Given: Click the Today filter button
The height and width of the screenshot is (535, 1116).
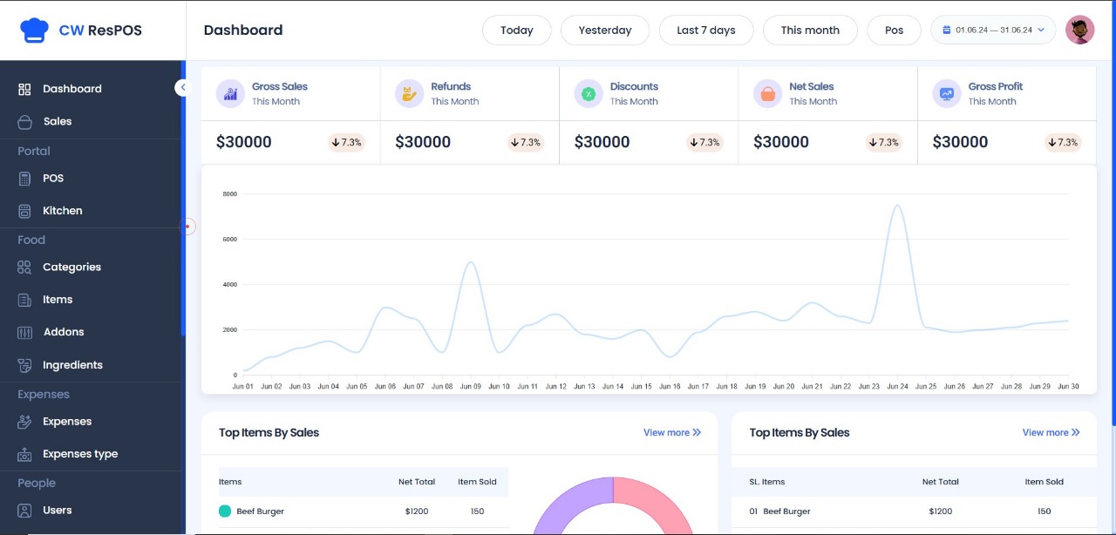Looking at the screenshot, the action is [517, 30].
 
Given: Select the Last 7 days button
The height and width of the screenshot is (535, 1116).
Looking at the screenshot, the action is [706, 30].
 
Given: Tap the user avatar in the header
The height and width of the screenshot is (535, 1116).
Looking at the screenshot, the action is [1079, 30].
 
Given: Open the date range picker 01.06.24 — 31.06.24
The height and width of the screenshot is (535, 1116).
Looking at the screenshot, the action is [993, 30].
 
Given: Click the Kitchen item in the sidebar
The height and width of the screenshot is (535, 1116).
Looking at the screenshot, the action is [62, 211].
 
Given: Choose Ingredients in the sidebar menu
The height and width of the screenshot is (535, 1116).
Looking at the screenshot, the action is [72, 365].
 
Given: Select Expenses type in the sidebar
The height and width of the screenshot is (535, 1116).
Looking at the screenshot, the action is [80, 454].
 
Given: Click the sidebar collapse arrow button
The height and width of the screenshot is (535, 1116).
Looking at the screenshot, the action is [182, 88].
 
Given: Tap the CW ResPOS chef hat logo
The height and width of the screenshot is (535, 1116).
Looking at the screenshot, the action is [34, 30].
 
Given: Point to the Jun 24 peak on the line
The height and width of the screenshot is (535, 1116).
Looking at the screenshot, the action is [897, 206].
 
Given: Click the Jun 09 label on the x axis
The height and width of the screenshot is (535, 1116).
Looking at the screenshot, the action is [470, 387].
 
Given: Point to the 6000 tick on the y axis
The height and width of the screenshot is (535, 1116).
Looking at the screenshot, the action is [229, 239].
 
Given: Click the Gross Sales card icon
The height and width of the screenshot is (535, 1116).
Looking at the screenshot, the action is [230, 93].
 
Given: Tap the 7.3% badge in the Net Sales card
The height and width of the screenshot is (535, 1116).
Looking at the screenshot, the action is [883, 143].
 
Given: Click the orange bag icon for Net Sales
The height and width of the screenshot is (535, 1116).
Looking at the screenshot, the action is [768, 93].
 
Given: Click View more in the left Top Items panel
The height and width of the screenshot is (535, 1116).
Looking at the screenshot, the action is [672, 432].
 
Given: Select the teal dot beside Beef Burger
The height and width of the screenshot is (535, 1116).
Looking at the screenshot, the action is [225, 511].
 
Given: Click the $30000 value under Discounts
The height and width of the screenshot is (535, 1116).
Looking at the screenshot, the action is [602, 142].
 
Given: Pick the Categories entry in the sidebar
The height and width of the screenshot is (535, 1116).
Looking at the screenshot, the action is [71, 267].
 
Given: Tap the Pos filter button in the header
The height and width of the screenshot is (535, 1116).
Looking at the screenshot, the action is [894, 30].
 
